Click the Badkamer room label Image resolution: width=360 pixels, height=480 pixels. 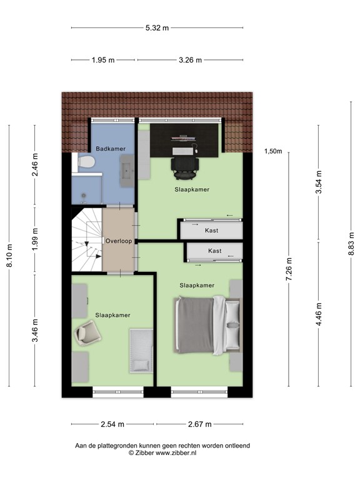tap(111, 148)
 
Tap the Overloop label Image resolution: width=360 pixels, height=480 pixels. tap(117, 241)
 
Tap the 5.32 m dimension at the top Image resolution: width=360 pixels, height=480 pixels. tap(157, 27)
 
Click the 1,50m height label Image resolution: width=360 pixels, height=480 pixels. tap(273, 151)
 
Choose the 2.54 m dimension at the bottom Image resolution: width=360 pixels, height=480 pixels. tap(112, 424)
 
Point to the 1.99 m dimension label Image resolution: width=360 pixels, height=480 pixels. tap(35, 241)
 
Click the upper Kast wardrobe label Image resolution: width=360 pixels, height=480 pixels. tap(211, 231)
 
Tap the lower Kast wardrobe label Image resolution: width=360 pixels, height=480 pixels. tap(214, 251)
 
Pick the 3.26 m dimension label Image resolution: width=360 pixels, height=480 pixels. tap(190, 60)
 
